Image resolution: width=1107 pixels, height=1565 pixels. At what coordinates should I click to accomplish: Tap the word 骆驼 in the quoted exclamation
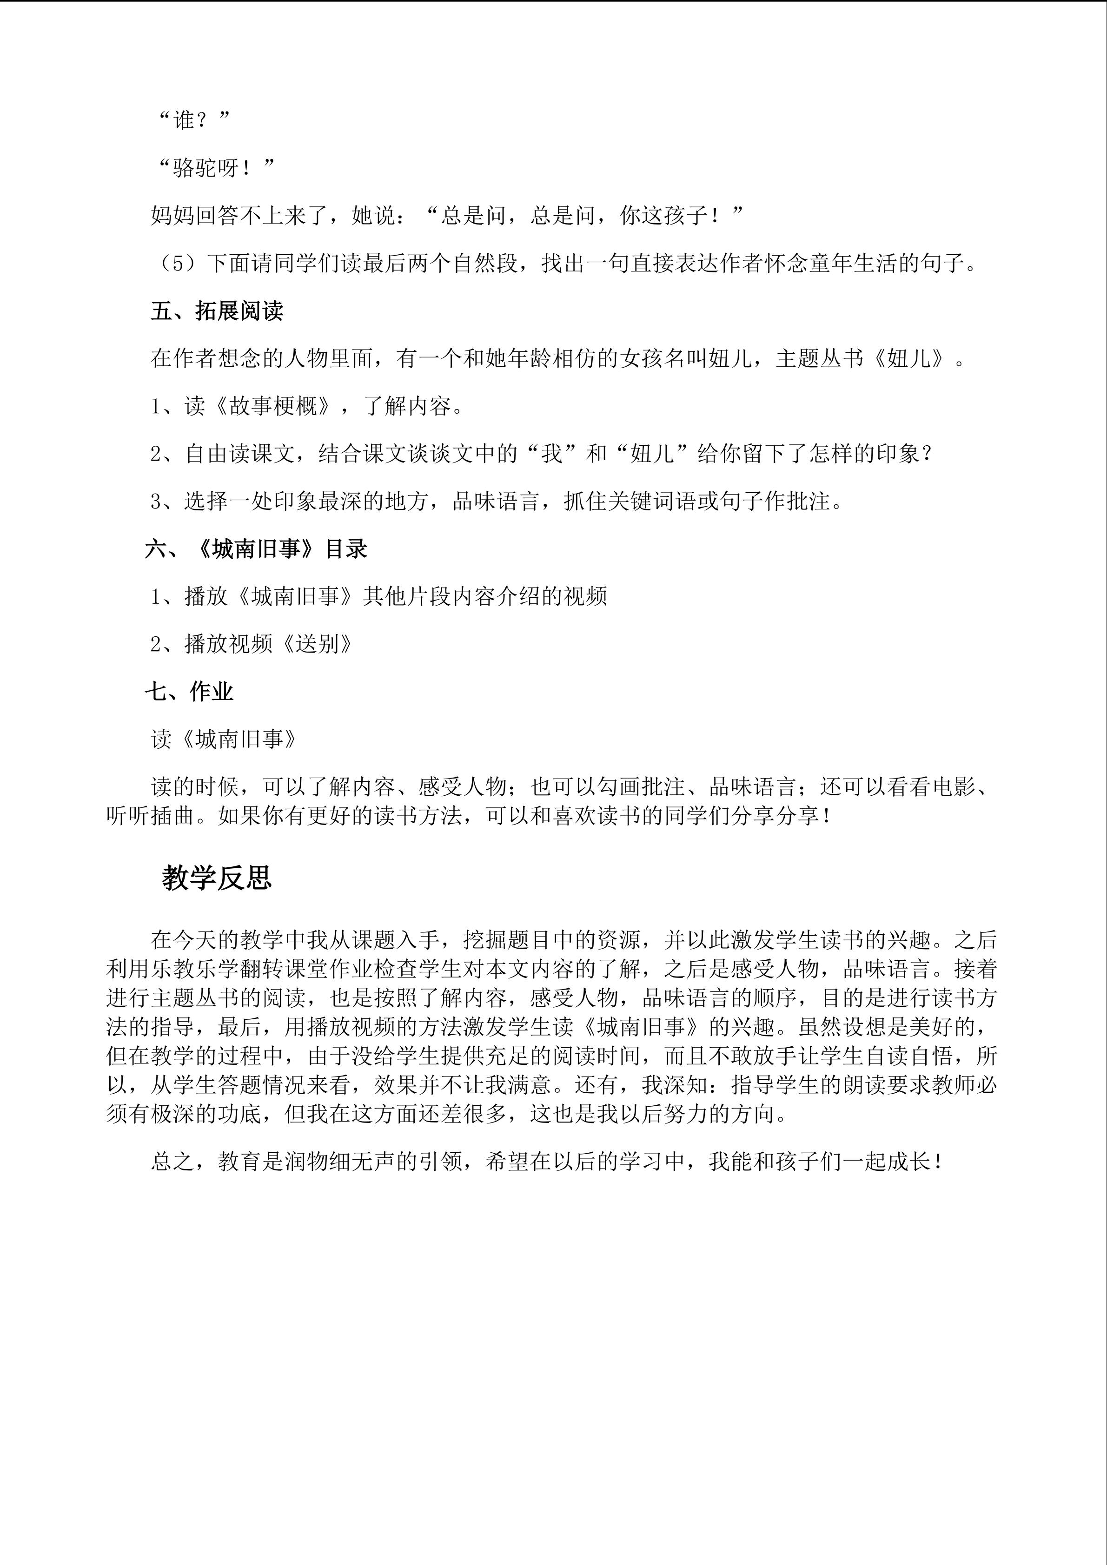[195, 168]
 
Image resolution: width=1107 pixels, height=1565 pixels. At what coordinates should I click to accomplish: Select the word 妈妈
[172, 216]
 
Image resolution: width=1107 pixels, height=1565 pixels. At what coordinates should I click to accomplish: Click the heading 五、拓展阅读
[217, 311]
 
